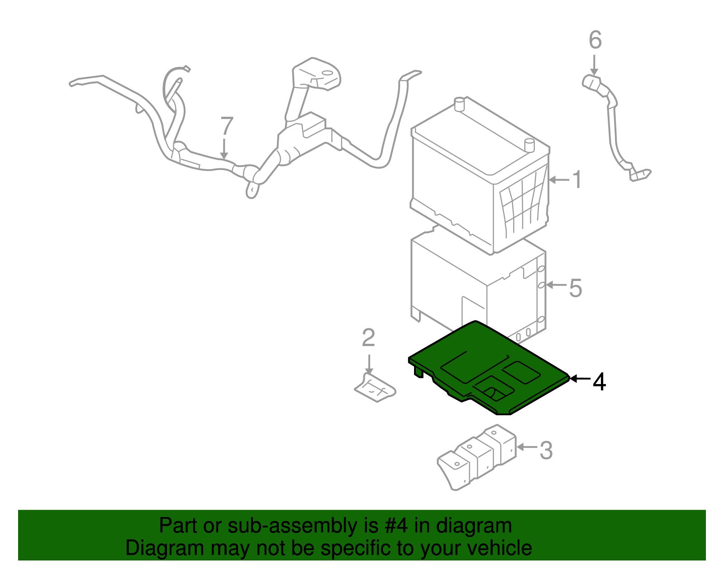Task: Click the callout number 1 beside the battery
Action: pyautogui.click(x=576, y=180)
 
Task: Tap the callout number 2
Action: pyautogui.click(x=368, y=338)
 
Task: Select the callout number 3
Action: pyautogui.click(x=546, y=451)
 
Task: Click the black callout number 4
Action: pyautogui.click(x=599, y=382)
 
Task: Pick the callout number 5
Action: pyautogui.click(x=575, y=288)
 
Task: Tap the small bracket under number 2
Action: pyautogui.click(x=375, y=388)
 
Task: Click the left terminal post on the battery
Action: pyautogui.click(x=459, y=104)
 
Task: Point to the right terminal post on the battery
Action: pyautogui.click(x=529, y=145)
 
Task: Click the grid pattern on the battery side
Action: pyautogui.click(x=523, y=204)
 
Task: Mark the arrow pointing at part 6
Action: pyautogui.click(x=594, y=65)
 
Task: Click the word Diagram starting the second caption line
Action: pyautogui.click(x=152, y=548)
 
